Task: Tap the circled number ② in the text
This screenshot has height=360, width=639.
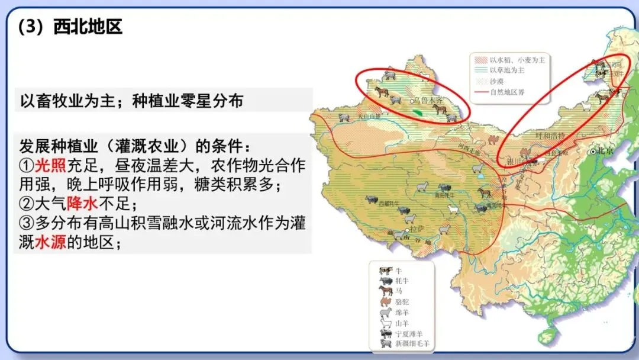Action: [26, 204]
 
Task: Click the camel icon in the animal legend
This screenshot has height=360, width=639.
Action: [385, 301]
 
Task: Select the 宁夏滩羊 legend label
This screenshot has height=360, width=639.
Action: [408, 333]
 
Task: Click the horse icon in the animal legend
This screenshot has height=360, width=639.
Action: [385, 291]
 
